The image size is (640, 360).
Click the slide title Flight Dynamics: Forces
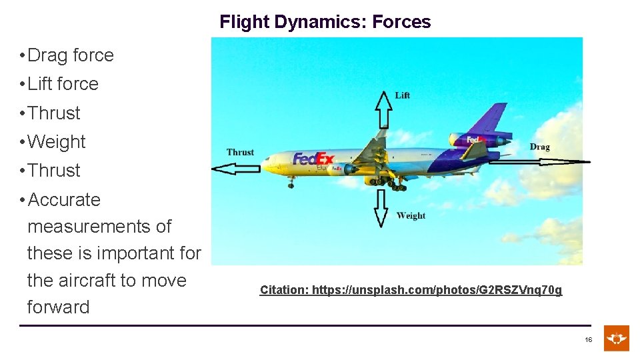325,22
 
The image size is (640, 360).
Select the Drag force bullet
70,55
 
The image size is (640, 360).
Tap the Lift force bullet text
63,84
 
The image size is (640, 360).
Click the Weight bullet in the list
56,142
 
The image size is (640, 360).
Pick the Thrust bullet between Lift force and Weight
53,113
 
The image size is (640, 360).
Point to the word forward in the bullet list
58,307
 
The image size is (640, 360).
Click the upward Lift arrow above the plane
383,109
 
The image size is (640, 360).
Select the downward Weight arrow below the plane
381,207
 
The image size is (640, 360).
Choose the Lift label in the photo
403,95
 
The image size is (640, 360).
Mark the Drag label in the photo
539,147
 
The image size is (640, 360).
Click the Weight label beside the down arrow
411,215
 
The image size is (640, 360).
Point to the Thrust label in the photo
240,152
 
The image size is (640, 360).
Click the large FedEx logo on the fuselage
313,159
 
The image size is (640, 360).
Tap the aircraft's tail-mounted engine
475,139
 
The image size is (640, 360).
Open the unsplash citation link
411,290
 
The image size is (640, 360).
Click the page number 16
588,340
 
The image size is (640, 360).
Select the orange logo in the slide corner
617,338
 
